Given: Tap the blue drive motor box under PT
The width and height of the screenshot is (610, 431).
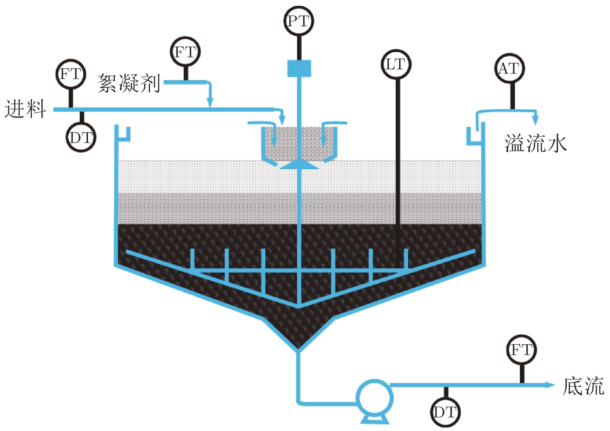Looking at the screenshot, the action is [x=299, y=68].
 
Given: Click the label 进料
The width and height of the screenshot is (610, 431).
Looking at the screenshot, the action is [x=25, y=109].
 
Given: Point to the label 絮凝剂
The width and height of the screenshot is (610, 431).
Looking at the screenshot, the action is [x=129, y=83].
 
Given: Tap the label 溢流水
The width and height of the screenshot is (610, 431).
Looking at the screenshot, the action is [x=536, y=143].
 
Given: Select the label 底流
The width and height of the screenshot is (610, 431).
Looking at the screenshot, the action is [x=584, y=386].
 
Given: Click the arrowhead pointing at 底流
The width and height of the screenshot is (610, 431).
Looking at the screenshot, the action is [x=550, y=385].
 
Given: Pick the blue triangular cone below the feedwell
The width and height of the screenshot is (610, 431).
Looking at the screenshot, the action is [x=299, y=165].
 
